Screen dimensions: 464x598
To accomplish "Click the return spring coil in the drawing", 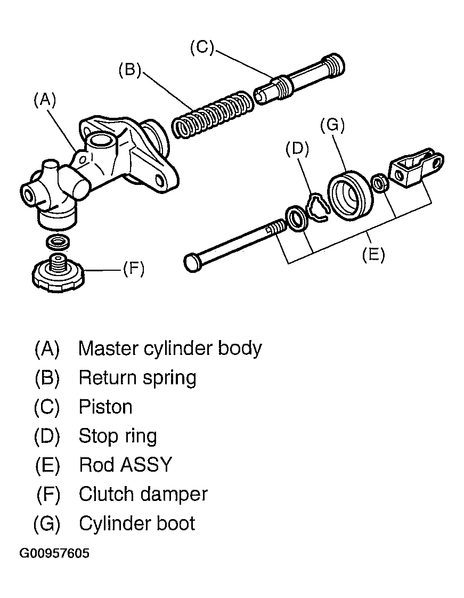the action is pos(212,115).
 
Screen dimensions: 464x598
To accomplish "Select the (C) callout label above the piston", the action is pos(202,47).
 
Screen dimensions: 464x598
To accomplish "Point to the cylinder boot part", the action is pos(349,196).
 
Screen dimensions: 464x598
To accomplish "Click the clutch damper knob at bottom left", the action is pos(58,272).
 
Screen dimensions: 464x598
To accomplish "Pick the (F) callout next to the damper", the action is pos(133,269).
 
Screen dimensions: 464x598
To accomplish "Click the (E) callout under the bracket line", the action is pos(373,254).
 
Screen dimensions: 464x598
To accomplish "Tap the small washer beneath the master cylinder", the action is pos(58,242).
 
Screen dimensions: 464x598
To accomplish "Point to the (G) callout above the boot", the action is pos(332,125).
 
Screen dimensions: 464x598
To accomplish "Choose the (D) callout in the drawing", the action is pos(297,148).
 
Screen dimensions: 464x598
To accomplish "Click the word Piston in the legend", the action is pos(105,407).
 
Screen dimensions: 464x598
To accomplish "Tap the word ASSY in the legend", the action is pos(146,465).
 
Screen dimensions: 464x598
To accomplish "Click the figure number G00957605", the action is pos(54,553).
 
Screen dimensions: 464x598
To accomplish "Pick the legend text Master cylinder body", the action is pos(170,349).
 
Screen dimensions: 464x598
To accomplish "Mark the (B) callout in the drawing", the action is pos(129,70).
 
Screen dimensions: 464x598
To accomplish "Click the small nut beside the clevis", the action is pos(380,183).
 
